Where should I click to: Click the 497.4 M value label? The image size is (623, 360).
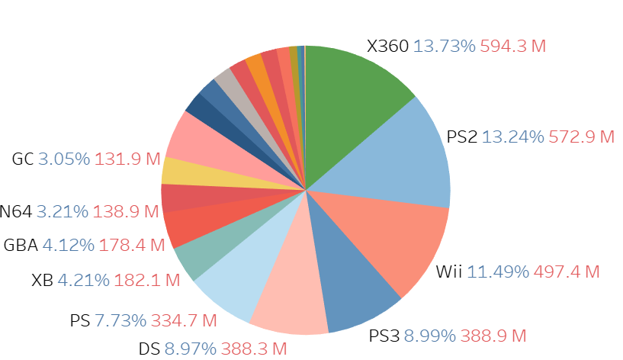567,272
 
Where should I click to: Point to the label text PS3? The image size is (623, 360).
384,336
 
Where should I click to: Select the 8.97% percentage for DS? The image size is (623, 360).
191,349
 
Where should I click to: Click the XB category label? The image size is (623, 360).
42,280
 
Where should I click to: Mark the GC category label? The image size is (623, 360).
22,159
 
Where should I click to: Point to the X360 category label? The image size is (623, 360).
388,46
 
